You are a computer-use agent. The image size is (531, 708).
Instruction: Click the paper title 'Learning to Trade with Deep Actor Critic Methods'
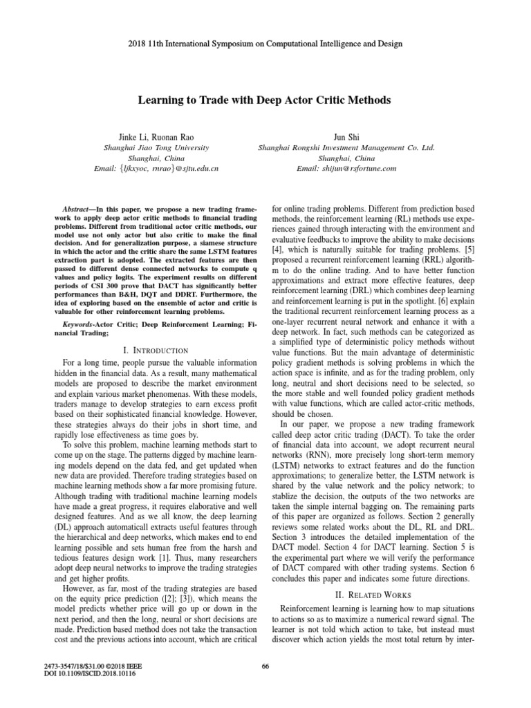pos(265,100)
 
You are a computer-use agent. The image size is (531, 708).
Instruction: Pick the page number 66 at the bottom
pos(265,666)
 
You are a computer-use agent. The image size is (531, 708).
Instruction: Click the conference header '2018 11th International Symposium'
pos(265,44)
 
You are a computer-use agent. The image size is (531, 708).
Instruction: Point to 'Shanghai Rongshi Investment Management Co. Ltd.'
pos(346,147)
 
